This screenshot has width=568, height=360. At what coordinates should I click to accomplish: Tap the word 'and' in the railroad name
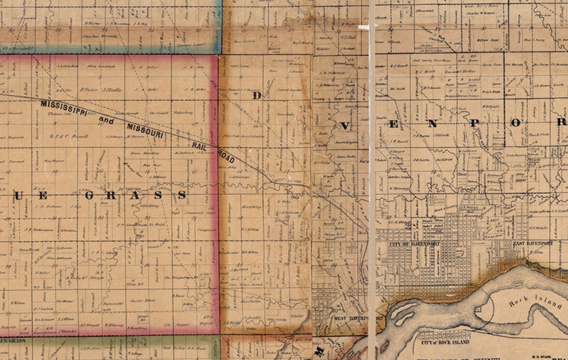pos(106,120)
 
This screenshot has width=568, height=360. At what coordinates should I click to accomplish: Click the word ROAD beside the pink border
pos(226,156)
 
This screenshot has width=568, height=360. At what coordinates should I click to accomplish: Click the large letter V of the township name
pos(345,125)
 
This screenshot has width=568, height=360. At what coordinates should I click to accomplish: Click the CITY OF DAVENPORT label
pos(413,244)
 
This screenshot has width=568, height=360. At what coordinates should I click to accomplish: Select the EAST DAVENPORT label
pos(534,244)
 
